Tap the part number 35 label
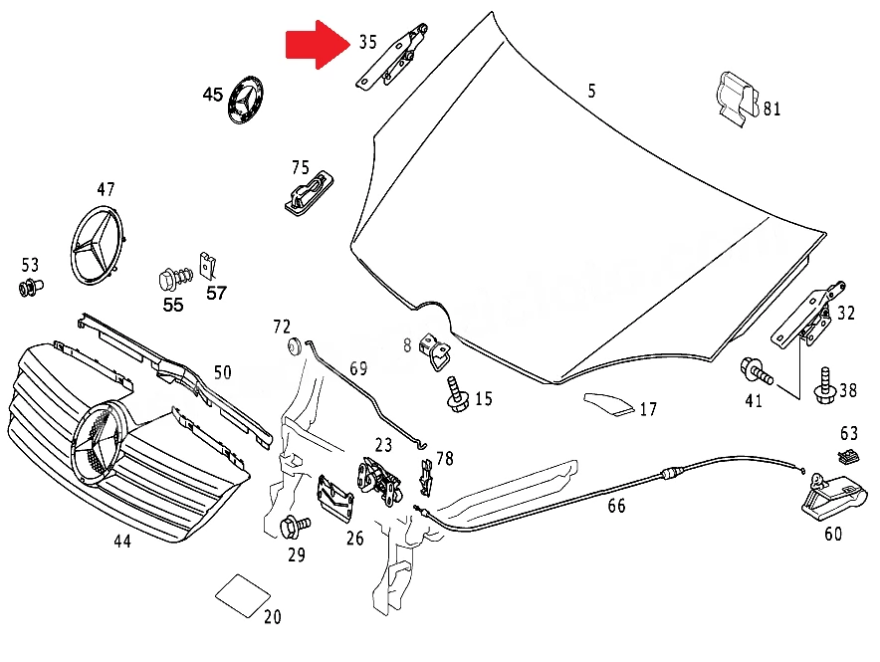[367, 42]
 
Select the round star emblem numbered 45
[245, 100]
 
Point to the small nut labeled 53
[31, 288]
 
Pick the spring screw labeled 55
[175, 279]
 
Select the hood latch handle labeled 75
[309, 192]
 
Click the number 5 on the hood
[591, 91]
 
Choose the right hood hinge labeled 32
[808, 316]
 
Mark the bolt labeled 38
[824, 385]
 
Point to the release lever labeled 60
[833, 497]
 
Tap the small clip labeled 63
[848, 456]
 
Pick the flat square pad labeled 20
[243, 595]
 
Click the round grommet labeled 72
[294, 346]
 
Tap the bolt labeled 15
[458, 395]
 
